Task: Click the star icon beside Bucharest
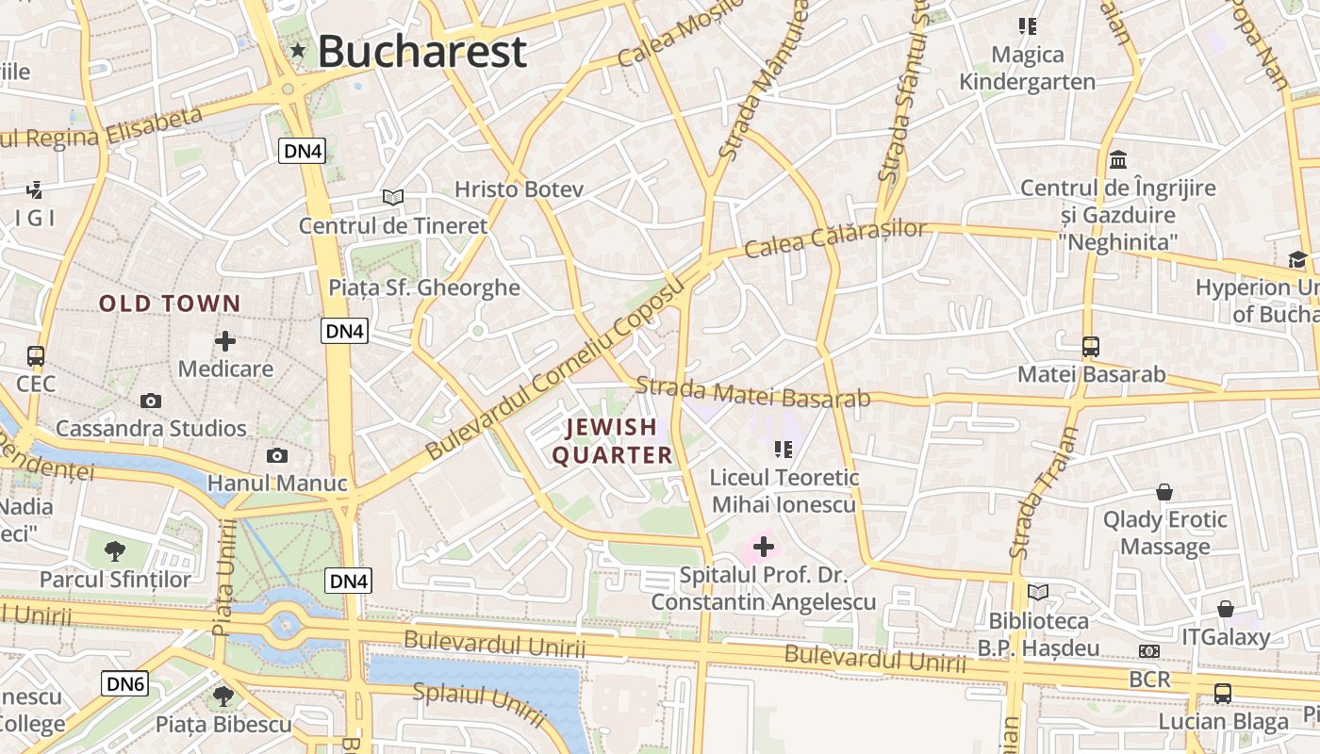(x=299, y=50)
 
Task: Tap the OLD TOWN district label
(x=171, y=303)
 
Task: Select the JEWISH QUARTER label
(x=612, y=441)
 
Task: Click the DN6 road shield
(x=125, y=684)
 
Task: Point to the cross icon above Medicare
(x=225, y=341)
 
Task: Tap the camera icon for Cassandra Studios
(x=151, y=402)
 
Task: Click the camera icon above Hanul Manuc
(x=277, y=456)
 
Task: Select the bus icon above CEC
(x=36, y=356)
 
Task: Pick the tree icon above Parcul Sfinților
(x=115, y=550)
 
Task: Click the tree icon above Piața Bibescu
(x=223, y=697)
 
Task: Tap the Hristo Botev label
(x=519, y=189)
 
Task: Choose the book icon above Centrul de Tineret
(x=393, y=197)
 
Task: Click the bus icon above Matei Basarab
(x=1091, y=346)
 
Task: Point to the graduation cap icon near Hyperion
(x=1297, y=259)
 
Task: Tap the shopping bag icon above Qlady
(x=1165, y=492)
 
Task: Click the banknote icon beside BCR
(x=1149, y=651)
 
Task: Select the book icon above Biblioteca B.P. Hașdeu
(x=1038, y=592)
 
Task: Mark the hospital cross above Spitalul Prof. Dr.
(x=764, y=546)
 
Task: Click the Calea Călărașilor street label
(x=835, y=238)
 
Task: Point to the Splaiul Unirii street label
(x=479, y=704)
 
